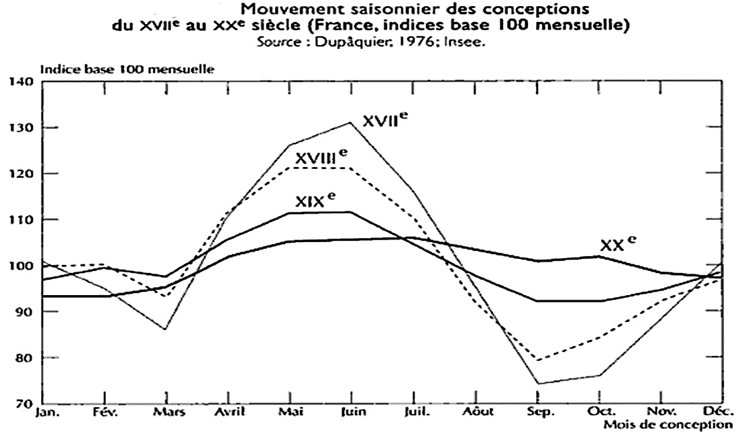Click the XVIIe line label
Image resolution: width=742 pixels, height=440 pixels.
pos(385,121)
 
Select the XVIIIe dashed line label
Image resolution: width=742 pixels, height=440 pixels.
pos(321,158)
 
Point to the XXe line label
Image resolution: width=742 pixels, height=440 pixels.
pos(617,245)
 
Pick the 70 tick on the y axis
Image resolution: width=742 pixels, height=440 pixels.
pos(24,404)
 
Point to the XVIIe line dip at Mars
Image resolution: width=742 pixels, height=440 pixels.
pos(165,329)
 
